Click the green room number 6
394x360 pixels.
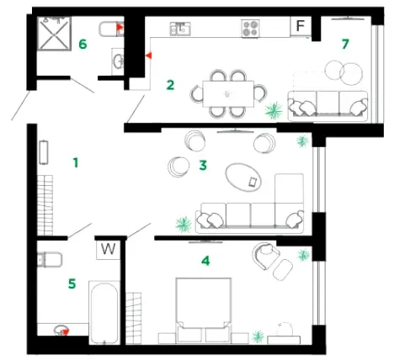tap(83, 44)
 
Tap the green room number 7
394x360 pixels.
tap(345, 44)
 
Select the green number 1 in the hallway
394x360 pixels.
tap(76, 162)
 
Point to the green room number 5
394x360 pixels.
tap(72, 283)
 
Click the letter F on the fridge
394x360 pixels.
tap(301, 26)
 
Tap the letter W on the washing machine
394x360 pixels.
tap(108, 248)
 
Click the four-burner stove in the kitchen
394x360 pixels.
tap(250, 29)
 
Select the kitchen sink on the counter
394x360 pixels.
tap(180, 29)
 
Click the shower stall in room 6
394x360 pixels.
tap(54, 34)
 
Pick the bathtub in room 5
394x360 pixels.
tap(104, 313)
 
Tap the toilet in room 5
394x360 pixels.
tap(50, 259)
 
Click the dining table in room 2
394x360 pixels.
tap(228, 94)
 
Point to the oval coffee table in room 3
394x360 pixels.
tap(243, 177)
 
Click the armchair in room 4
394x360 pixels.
tap(265, 255)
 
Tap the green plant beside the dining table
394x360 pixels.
tap(274, 110)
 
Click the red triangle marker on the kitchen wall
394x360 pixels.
tap(149, 56)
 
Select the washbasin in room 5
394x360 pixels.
tap(61, 330)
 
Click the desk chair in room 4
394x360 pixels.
tap(284, 329)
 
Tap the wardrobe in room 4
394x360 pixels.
tap(134, 318)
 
